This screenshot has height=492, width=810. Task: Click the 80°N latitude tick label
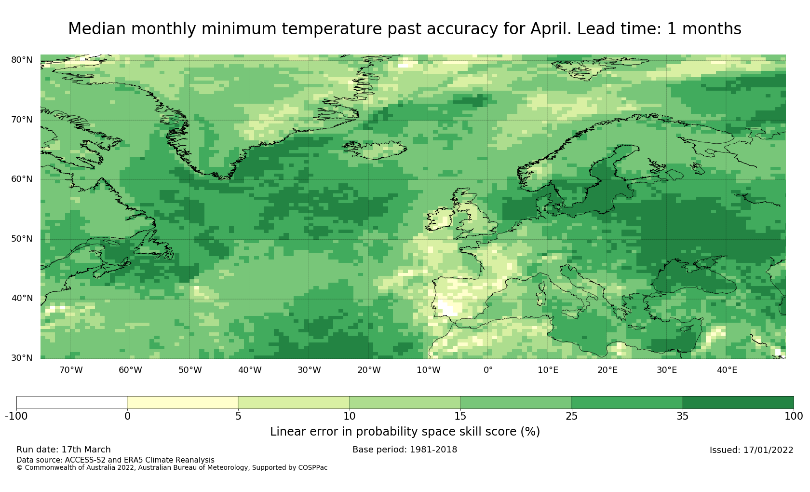22,60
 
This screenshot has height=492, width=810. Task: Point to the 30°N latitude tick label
22,358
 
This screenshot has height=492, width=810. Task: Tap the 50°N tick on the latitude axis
22,239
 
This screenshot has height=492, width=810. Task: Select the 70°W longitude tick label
71,370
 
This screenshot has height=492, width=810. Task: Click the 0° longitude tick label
488,370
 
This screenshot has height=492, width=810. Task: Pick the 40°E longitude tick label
727,370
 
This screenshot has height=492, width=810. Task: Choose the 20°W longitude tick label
369,370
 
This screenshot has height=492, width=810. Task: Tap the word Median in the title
96,29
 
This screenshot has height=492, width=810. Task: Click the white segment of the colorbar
72,403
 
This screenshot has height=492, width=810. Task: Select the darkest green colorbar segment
738,403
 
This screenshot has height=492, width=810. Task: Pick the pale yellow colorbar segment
183,403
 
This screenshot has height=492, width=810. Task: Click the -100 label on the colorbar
16,416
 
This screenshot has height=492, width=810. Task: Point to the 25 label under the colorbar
571,416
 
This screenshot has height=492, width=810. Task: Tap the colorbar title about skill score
405,432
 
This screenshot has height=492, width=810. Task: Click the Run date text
64,450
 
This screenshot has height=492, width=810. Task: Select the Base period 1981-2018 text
405,450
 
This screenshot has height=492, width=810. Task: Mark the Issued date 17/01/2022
751,450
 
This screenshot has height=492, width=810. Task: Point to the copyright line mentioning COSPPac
172,468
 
